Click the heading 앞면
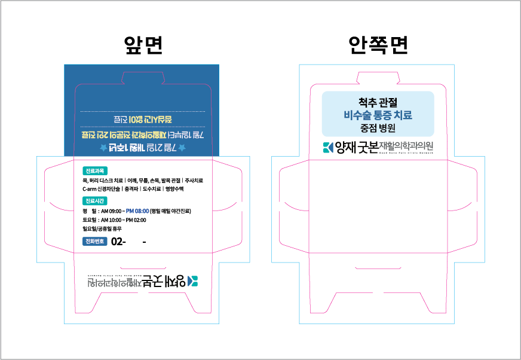point(142,45)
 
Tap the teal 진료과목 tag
point(94,170)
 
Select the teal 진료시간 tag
point(94,200)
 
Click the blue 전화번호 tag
point(94,242)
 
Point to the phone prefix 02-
point(119,242)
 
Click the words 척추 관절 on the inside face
point(378,103)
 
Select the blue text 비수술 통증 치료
point(378,115)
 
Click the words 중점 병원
point(378,128)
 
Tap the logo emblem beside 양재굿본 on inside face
point(327,147)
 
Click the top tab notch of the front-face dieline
point(142,76)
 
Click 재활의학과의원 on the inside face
point(406,146)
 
